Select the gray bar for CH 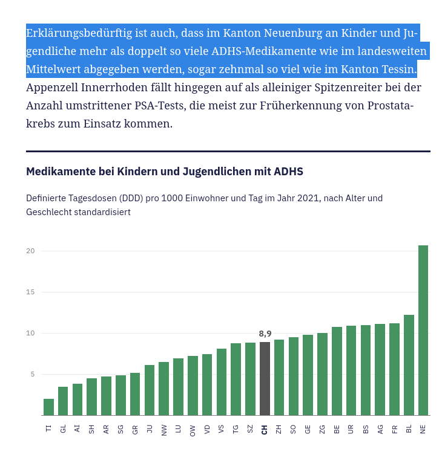[265, 378]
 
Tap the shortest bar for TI [48, 407]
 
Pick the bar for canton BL [409, 365]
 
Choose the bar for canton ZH [279, 377]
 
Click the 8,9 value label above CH [265, 334]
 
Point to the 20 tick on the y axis [30, 251]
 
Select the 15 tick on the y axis [30, 292]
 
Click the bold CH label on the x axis [265, 429]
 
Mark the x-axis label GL [63, 429]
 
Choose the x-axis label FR [395, 429]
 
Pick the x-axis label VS [222, 429]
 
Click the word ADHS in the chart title [288, 172]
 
